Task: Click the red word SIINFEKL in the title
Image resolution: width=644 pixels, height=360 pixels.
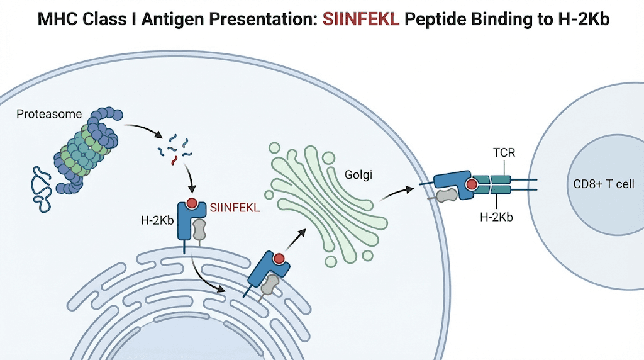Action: coord(361,19)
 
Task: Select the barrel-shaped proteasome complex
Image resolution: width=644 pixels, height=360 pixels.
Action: coord(88,151)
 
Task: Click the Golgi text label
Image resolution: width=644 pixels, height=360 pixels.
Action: coord(358,174)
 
